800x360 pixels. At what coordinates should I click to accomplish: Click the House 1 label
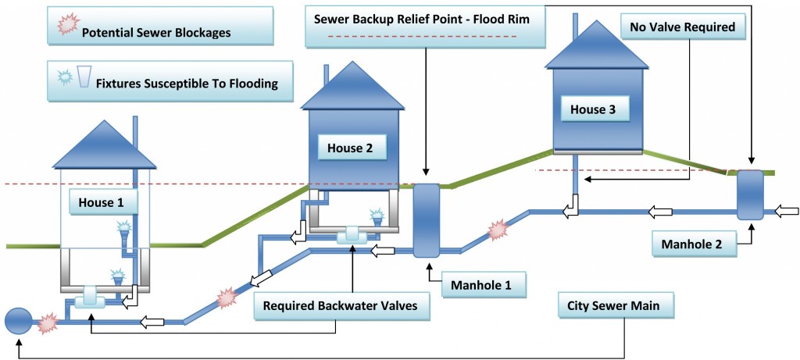[x=102, y=203]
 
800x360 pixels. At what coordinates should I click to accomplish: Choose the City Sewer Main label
[x=614, y=306]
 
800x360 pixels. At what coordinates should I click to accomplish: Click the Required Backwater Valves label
[x=341, y=307]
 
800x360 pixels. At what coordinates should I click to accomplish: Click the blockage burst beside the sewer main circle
[x=48, y=321]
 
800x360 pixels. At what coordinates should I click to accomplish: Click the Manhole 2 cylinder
[x=750, y=195]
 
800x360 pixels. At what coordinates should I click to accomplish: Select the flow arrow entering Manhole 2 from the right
[x=787, y=211]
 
